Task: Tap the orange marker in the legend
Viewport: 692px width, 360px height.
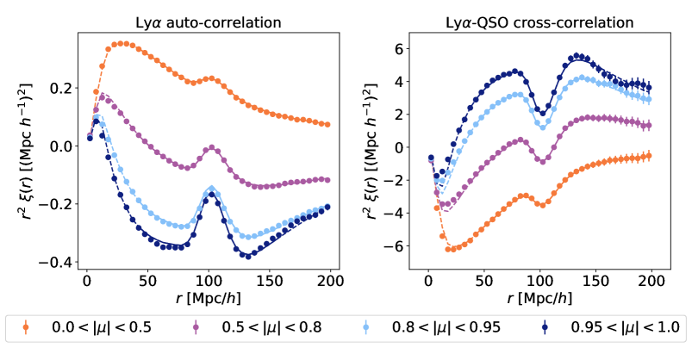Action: tap(25, 327)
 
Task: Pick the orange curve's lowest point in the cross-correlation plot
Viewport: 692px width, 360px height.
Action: tap(448, 250)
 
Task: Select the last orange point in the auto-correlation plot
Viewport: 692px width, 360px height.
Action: tap(327, 124)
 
